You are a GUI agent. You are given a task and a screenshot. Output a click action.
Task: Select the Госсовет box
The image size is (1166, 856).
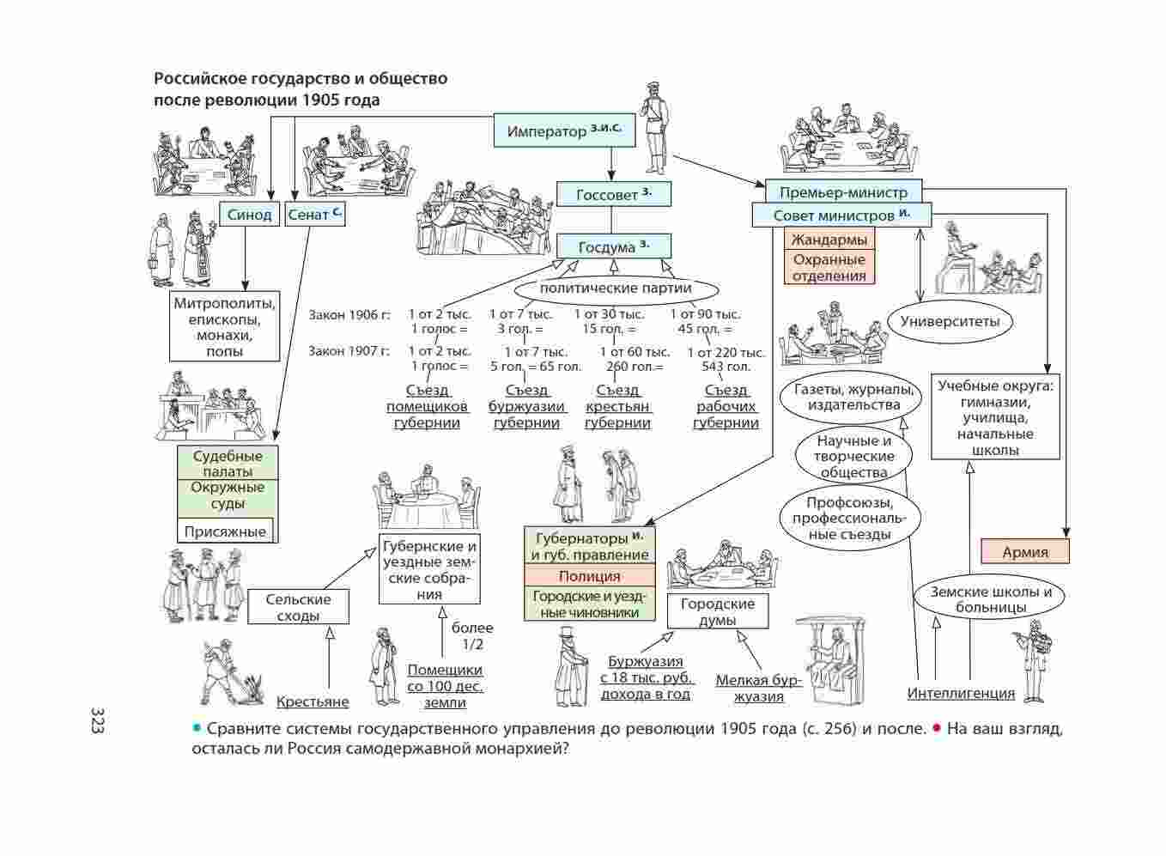pos(613,195)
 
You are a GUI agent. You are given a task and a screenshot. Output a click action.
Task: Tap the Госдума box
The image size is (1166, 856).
pos(613,247)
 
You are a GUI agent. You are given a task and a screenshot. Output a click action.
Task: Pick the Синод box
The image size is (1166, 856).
pos(249,215)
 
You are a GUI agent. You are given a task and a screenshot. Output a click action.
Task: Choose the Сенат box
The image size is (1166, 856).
pos(315,215)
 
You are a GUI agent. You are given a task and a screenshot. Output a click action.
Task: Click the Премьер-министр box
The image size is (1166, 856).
pos(842,192)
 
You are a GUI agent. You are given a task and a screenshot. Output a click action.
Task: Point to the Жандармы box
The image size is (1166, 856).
pos(829,240)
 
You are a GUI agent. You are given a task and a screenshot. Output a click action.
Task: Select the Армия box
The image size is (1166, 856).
pos(1025,552)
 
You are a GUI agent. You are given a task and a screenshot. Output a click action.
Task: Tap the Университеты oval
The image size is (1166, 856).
pos(950,322)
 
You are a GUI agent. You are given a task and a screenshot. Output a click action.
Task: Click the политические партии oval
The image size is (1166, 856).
pos(615,288)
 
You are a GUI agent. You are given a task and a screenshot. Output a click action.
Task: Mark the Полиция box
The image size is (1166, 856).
pos(589,576)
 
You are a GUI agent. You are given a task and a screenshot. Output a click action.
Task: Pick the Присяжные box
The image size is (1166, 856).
pos(225,531)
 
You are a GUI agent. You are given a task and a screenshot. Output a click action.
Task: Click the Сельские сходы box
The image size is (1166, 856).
pos(298,608)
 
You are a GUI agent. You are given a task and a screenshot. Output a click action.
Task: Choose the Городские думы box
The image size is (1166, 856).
pos(717,611)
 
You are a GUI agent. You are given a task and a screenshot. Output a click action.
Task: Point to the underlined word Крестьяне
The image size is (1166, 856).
pos(313,702)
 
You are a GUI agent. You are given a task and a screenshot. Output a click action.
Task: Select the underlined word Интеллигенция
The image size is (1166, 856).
pos(961,694)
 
